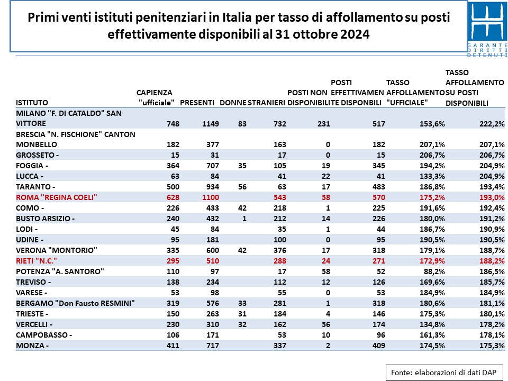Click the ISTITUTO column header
coord(32,103)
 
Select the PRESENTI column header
coord(197,103)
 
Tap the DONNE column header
coord(233,103)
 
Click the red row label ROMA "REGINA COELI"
coord(57,197)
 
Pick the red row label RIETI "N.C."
coord(37,261)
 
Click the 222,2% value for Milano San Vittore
coord(492,124)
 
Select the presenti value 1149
coord(211,124)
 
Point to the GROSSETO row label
coord(37,155)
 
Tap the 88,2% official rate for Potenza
coord(434,271)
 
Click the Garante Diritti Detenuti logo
coord(487,29)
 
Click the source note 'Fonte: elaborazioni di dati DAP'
coord(443,373)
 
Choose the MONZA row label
coord(32,346)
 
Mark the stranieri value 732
coord(279,124)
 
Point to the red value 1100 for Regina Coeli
coord(211,197)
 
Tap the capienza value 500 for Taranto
coord(173,187)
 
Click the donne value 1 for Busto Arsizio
coord(244,219)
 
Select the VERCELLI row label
coord(34,324)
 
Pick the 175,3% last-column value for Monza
coord(492,346)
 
